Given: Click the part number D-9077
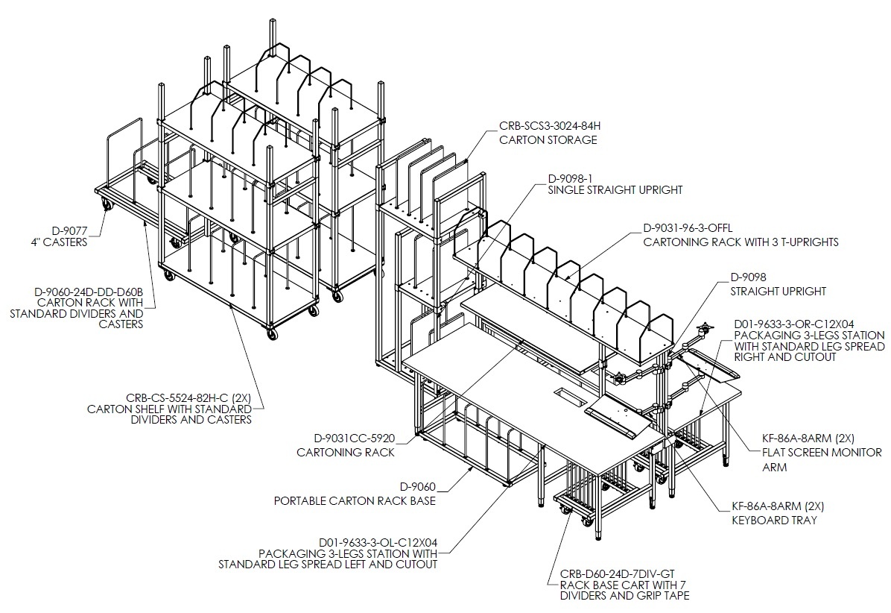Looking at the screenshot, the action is click(x=69, y=231).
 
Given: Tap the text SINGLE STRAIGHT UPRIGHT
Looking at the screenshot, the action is click(x=615, y=190).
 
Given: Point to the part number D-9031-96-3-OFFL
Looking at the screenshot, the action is click(x=688, y=228).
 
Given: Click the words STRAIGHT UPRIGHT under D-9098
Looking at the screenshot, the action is click(x=778, y=291).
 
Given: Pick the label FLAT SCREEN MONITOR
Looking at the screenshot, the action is click(x=822, y=453).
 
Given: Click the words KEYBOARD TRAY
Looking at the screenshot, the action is click(x=774, y=520).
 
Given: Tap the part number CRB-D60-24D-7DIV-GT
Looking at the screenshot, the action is click(x=617, y=574).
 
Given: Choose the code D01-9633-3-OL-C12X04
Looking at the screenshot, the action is click(x=378, y=542).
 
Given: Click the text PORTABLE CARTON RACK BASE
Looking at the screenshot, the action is click(x=355, y=501).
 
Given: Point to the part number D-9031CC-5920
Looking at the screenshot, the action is click(x=354, y=438).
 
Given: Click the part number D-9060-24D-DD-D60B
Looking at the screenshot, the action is click(x=89, y=292).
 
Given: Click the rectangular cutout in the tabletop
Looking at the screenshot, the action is click(x=569, y=397).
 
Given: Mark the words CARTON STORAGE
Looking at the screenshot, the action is click(x=548, y=140).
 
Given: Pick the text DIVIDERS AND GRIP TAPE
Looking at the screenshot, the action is click(x=624, y=596).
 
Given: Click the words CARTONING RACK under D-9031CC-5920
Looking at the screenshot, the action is click(x=346, y=453).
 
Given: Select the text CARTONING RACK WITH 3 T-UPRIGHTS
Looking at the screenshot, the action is click(x=741, y=242).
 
